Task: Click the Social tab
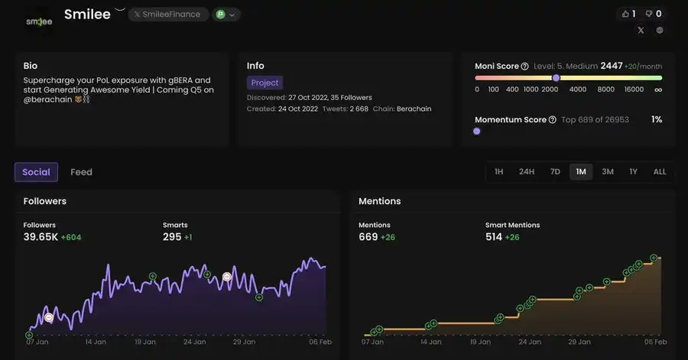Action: [x=36, y=172]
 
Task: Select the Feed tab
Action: [x=81, y=172]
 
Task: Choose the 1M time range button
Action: [x=581, y=172]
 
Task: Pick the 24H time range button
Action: [x=527, y=172]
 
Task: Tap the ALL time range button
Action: [x=660, y=172]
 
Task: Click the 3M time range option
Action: [x=608, y=172]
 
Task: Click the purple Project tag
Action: [x=264, y=83]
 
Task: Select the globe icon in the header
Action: [x=660, y=31]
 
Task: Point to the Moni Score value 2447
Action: [x=612, y=66]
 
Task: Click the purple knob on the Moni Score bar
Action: [x=556, y=78]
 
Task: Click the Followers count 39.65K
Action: [x=41, y=237]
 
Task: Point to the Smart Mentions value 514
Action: [x=494, y=237]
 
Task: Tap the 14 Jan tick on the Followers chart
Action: [x=95, y=342]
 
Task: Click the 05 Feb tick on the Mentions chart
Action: [x=656, y=342]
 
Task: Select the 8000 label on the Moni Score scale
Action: [x=606, y=89]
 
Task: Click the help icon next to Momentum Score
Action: [x=553, y=120]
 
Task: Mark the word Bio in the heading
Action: [x=31, y=66]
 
